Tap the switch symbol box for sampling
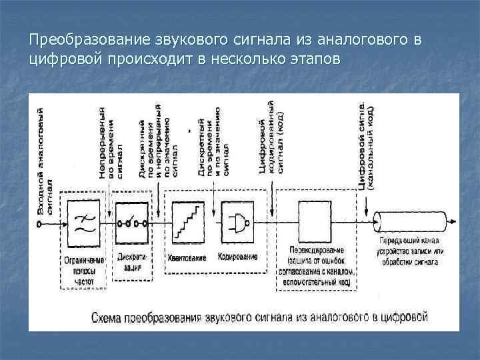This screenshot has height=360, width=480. point(132,223)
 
